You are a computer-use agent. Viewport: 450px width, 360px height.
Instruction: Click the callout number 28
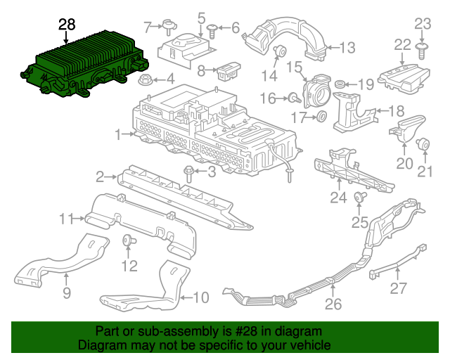[x=67, y=25]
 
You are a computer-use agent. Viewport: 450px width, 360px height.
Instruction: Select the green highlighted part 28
[x=84, y=64]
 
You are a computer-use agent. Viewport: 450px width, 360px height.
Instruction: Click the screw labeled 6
[x=212, y=32]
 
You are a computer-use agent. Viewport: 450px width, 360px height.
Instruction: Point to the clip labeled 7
[x=169, y=27]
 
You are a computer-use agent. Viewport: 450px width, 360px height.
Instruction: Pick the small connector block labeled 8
[x=229, y=70]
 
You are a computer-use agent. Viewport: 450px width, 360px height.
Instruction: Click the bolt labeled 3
[x=188, y=173]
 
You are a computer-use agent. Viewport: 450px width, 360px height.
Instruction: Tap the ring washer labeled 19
[x=340, y=84]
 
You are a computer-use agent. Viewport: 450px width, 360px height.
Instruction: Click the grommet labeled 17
[x=321, y=116]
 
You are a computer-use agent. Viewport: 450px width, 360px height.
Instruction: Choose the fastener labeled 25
[x=360, y=197]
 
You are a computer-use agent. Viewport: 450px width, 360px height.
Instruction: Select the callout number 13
[x=347, y=48]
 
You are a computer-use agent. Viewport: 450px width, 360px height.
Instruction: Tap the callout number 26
[x=333, y=304]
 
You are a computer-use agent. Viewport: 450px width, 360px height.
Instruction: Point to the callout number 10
[x=201, y=297]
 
